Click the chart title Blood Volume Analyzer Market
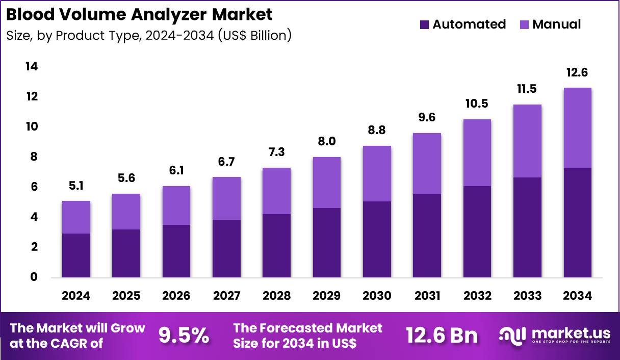pyautogui.click(x=139, y=14)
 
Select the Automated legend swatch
pyautogui.click(x=424, y=24)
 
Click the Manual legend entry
pyautogui.click(x=556, y=24)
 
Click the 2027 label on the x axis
pyautogui.click(x=226, y=296)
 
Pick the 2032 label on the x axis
pyautogui.click(x=477, y=296)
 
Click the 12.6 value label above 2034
pyautogui.click(x=577, y=73)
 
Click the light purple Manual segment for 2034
pyautogui.click(x=577, y=127)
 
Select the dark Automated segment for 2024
pyautogui.click(x=76, y=255)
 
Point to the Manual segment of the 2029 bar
pyautogui.click(x=327, y=182)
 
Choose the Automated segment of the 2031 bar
pyautogui.click(x=427, y=236)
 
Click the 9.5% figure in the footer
pyautogui.click(x=184, y=336)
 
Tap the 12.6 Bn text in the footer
pyautogui.click(x=442, y=336)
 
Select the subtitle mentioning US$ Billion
pyautogui.click(x=149, y=36)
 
